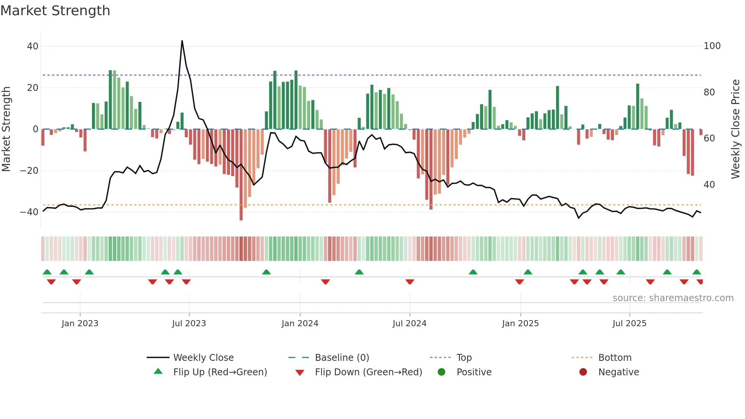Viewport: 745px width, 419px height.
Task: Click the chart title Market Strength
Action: pos(55,11)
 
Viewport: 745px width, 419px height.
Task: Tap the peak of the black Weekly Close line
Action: pos(182,41)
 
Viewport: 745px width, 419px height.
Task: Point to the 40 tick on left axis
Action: pos(32,46)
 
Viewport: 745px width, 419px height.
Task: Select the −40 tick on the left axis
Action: pos(29,212)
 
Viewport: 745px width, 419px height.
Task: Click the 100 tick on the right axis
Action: pos(712,46)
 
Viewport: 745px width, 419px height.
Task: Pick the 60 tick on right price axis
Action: pos(709,138)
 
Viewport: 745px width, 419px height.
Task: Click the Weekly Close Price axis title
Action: pos(735,129)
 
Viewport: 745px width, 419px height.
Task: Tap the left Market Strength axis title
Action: pos(6,129)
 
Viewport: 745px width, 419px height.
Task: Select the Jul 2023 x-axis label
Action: pos(189,324)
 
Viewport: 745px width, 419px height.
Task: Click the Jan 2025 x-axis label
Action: pos(520,324)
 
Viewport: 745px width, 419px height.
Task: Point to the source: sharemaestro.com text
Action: pos(673,298)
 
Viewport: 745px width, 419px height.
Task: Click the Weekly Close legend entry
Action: pos(203,358)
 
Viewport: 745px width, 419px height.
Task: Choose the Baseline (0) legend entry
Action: pos(342,358)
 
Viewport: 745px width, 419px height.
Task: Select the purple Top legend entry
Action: pos(464,358)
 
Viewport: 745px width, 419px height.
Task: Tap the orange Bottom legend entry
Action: pos(615,358)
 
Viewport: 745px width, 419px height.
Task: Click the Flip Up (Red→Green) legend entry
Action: pos(220,372)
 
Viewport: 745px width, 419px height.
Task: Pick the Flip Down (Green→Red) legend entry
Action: pos(368,372)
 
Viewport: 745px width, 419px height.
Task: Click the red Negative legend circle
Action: pos(583,372)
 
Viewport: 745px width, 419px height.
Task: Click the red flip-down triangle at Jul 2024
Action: pos(410,282)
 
